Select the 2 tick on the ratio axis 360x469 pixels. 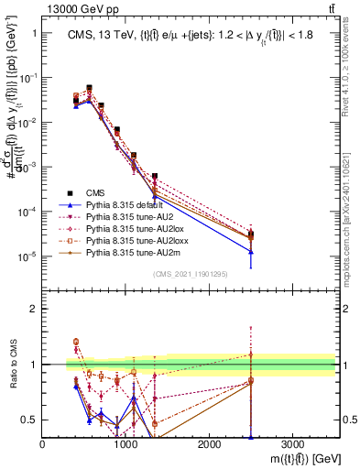tap(34, 309)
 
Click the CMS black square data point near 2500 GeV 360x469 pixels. tap(250, 234)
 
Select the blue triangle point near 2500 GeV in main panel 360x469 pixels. tap(250, 251)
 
